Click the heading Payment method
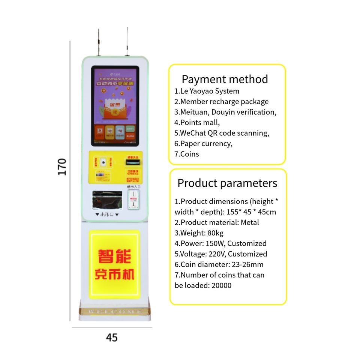tap(225, 79)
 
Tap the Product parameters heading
tap(227, 183)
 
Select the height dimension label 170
tap(62, 166)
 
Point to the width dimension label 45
tap(112, 337)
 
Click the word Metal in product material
tap(250, 222)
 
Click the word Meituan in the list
tap(194, 112)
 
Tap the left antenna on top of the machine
tap(99, 41)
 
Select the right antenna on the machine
tap(127, 41)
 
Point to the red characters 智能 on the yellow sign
tap(114, 257)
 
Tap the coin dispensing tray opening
tap(107, 200)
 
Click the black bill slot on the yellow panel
tap(133, 162)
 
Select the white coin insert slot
tap(133, 199)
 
